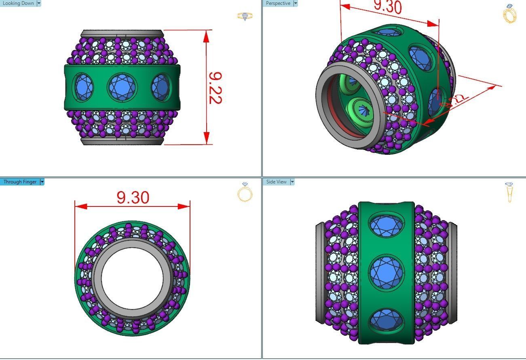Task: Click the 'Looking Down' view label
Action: [x=18, y=3]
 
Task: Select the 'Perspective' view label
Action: [x=278, y=3]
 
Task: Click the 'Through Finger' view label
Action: [x=20, y=182]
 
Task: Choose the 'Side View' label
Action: [x=276, y=182]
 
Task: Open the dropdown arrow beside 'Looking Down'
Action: [x=39, y=3]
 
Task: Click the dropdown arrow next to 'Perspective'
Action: [x=295, y=3]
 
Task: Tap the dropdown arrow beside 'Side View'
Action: [x=292, y=182]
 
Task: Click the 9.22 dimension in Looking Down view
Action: [x=215, y=88]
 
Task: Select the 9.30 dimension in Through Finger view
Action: [x=133, y=198]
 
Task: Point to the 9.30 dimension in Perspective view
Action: [x=387, y=7]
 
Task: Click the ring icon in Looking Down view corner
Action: [x=245, y=16]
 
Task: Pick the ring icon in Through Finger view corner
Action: [x=245, y=192]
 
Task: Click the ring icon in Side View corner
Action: [x=510, y=192]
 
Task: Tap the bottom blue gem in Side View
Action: [x=386, y=319]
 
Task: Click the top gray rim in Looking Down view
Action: [x=122, y=34]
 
